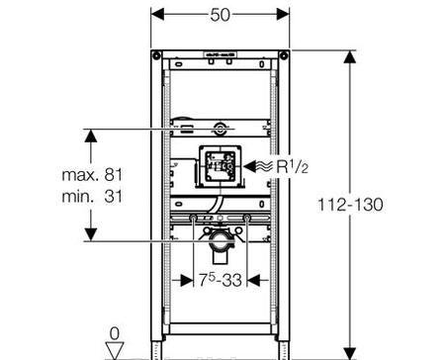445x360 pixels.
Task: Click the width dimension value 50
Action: (x=220, y=15)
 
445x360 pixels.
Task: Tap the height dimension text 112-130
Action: (x=350, y=205)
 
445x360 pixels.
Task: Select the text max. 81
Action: (x=92, y=174)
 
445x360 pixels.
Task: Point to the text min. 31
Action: (x=92, y=197)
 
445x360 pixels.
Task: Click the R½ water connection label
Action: (x=292, y=166)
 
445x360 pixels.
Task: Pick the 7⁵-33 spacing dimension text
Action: (x=221, y=280)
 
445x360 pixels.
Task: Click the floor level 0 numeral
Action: (x=115, y=333)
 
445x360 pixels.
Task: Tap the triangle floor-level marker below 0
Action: (x=115, y=350)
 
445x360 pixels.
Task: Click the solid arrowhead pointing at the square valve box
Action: (x=250, y=166)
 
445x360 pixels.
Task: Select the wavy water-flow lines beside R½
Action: (x=265, y=166)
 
